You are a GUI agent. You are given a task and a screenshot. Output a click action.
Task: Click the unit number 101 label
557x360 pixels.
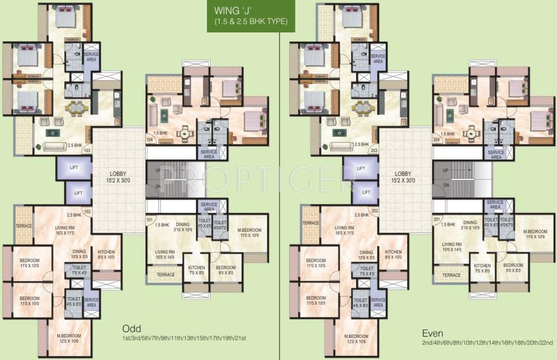[150, 220]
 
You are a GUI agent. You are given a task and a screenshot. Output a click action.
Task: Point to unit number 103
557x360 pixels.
[87, 151]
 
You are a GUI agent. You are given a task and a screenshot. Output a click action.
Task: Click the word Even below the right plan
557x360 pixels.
[433, 333]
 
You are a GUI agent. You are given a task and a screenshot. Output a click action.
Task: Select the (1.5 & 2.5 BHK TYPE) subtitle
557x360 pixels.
[243, 21]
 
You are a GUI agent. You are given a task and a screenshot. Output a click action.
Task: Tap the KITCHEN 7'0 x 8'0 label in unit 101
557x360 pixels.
[196, 270]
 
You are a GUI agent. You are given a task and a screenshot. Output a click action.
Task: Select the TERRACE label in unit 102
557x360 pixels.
[24, 226]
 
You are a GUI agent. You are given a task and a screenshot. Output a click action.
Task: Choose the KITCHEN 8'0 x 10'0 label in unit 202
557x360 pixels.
[393, 255]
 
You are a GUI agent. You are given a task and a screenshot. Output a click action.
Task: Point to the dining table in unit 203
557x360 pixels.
[362, 107]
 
